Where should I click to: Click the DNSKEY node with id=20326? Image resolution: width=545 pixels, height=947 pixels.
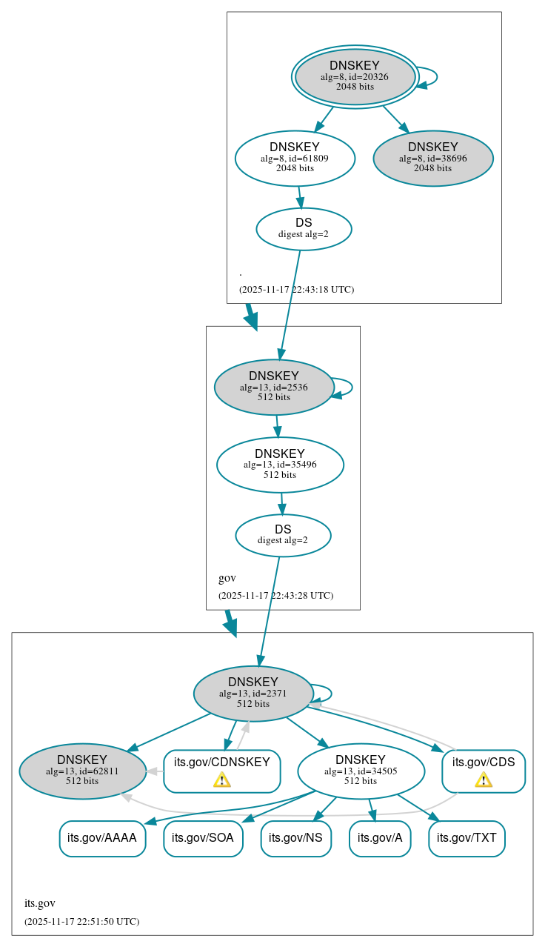(355, 76)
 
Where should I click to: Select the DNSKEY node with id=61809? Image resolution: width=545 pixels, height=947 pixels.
(295, 158)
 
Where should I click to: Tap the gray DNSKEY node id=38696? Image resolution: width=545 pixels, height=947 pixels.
(433, 158)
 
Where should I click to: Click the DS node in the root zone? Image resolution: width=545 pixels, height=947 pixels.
(304, 228)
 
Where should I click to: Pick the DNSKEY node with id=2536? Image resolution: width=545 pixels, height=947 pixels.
(274, 387)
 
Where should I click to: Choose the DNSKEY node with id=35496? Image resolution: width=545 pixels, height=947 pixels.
(280, 465)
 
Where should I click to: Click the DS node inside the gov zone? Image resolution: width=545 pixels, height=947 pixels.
(283, 535)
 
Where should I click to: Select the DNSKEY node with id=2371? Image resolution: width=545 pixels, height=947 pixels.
(253, 694)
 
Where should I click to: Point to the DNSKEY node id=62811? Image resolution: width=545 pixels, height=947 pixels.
(82, 771)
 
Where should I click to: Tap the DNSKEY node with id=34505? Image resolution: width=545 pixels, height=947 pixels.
(361, 771)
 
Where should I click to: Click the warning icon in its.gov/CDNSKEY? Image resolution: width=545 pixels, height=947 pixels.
(221, 780)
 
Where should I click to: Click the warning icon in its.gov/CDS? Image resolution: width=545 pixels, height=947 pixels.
(484, 780)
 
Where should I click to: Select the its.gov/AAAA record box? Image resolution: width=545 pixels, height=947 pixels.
(102, 838)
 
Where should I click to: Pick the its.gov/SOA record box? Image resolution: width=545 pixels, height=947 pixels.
(203, 838)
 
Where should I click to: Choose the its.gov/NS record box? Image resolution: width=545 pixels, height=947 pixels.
(295, 838)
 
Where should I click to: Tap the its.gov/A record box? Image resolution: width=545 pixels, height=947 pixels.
(380, 838)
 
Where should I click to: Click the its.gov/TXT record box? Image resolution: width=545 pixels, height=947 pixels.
(467, 838)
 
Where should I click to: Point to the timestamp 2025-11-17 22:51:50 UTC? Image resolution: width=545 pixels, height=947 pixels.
(81, 922)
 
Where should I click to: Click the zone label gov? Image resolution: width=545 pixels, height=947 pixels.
(227, 578)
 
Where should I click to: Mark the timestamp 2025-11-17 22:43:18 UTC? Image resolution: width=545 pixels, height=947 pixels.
(296, 290)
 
